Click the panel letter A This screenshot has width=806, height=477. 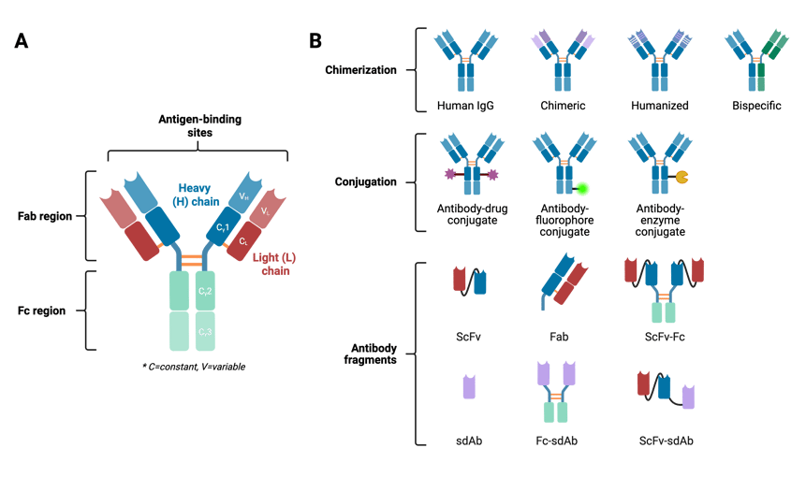coord(21,42)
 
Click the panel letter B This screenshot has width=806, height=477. coord(315,42)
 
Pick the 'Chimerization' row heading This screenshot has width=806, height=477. coord(360,70)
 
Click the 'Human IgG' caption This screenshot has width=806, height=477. coord(465,106)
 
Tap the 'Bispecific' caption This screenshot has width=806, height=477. coord(754,106)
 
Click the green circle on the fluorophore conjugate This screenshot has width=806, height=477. coord(582,188)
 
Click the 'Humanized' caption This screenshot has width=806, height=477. coord(657,106)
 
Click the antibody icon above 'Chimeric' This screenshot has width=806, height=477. coord(562,56)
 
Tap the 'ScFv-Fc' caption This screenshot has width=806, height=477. coord(664,336)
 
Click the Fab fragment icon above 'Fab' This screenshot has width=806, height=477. coord(568,281)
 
